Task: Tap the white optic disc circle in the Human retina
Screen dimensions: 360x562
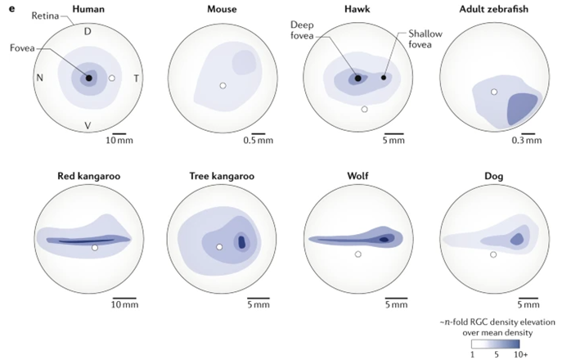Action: coord(113,79)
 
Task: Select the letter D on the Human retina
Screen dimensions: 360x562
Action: coord(88,32)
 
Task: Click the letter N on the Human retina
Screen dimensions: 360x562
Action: coord(38,79)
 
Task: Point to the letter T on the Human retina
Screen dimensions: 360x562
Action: coord(136,79)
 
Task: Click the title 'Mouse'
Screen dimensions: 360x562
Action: coord(222,10)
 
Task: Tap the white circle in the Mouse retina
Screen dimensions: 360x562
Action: coord(223,85)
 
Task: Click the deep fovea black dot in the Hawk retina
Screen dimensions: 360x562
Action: coord(357,79)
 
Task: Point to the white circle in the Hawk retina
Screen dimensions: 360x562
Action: coord(365,108)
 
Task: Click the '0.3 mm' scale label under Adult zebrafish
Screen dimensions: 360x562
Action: coord(528,141)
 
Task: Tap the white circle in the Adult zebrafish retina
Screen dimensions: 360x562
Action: coord(493,92)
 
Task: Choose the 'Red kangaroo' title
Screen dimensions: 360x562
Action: coord(88,175)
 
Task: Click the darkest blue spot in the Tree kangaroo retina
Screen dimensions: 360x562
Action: coord(242,242)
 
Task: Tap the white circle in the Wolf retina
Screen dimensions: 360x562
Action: coord(357,254)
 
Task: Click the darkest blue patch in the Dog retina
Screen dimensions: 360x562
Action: coord(516,239)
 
